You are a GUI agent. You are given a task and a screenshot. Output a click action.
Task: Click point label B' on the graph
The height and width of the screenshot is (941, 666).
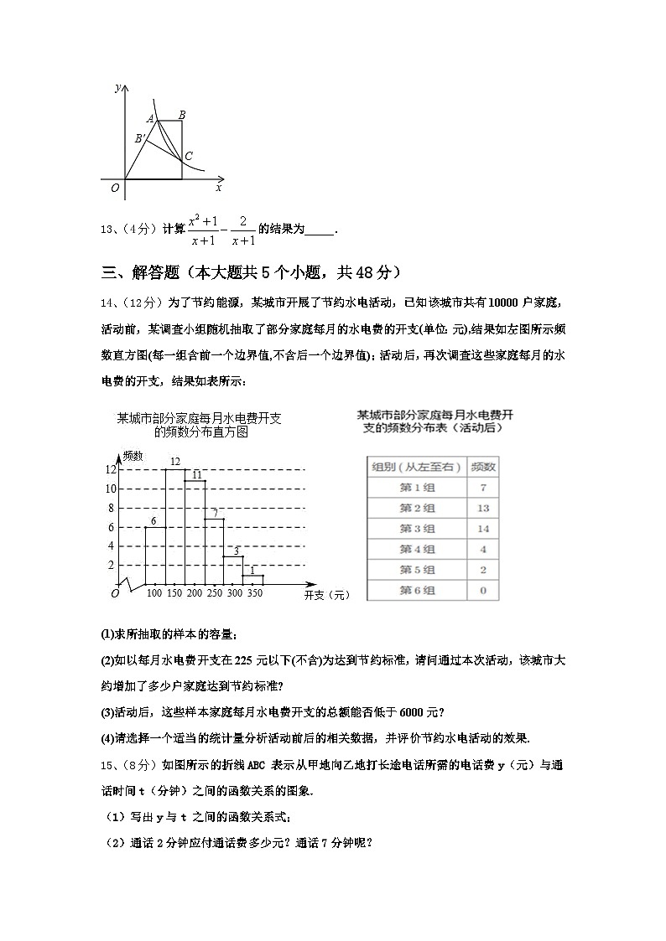[x=140, y=139]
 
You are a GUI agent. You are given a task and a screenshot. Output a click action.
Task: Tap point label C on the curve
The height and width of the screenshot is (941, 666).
[x=189, y=157]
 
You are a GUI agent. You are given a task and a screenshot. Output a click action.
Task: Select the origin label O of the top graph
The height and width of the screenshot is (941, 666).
[x=115, y=188]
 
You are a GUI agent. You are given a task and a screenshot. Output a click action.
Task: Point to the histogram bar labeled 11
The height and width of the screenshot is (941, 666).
[x=195, y=532]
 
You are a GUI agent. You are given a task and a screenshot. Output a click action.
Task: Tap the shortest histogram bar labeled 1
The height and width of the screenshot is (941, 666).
[x=254, y=579]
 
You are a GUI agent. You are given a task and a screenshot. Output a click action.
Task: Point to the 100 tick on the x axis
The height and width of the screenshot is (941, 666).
[x=154, y=594]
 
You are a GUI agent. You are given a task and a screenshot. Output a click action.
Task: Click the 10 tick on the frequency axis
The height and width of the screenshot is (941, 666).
[x=110, y=489]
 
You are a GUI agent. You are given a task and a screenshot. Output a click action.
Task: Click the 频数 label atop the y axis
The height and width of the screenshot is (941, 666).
[x=133, y=455]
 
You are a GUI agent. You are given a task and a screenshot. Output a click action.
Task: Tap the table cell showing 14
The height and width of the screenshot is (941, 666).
[x=483, y=529]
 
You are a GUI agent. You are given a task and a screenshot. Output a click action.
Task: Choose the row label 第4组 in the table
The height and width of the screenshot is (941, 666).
[x=417, y=550]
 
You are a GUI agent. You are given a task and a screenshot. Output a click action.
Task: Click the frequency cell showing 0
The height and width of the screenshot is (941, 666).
[x=483, y=591]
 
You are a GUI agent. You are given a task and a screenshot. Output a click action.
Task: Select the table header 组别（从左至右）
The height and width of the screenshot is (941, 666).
[x=417, y=467]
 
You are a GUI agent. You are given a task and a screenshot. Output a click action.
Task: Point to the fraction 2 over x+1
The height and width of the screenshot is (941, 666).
[x=242, y=230]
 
